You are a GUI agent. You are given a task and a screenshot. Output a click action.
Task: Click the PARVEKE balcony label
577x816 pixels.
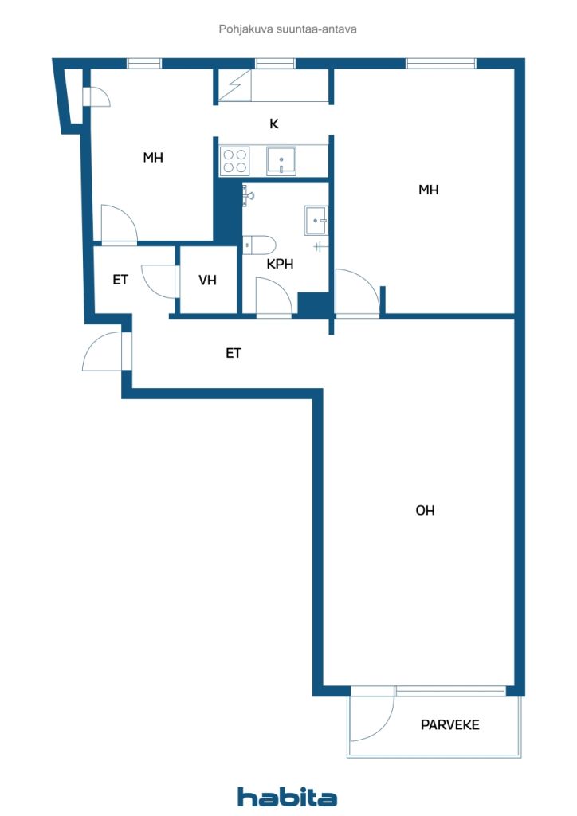pos(449,724)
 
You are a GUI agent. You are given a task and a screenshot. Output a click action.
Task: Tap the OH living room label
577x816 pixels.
pos(425,511)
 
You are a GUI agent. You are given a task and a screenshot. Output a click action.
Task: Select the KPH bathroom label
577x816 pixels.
pos(280,264)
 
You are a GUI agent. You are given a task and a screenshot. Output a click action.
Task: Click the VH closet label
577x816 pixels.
pos(207,280)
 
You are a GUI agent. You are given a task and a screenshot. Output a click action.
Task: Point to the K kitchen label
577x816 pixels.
pos(274,124)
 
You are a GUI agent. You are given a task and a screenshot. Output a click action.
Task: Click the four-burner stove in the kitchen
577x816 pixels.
pos(234,161)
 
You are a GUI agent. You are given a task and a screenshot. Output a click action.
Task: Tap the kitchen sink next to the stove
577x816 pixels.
pos(281,161)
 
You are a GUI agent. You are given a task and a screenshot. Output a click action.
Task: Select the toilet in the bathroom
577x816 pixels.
pos(259,245)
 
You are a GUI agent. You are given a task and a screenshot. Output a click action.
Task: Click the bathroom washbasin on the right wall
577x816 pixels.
pos(316,221)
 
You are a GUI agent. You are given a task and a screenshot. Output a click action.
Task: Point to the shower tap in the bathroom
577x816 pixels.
pos(248,196)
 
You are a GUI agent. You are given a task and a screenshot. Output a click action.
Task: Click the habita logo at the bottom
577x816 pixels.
pos(287,797)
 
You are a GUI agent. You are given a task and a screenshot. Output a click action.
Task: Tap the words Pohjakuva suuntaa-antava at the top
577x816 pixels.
pos(288,29)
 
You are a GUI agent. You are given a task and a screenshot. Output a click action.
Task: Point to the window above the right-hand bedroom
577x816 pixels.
pos(441,64)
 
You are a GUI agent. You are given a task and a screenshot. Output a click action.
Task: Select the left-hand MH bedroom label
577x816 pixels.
pos(153,157)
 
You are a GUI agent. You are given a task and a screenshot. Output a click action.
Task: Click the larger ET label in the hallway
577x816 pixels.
pos(233,353)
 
